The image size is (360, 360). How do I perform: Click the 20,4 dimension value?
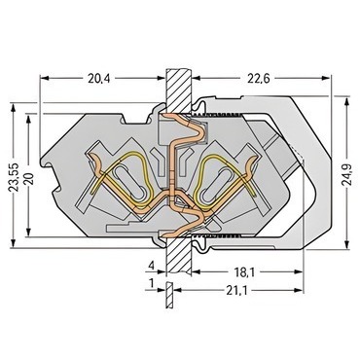point(98,79)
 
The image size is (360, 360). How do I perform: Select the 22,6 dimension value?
point(259,79)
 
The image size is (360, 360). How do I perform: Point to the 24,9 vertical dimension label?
point(346,174)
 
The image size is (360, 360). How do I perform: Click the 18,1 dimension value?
point(244,272)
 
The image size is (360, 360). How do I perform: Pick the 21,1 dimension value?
point(236,291)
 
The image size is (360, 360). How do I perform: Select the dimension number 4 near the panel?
point(151,267)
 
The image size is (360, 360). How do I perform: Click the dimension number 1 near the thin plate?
point(151,284)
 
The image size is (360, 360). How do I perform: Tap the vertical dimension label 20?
point(30,179)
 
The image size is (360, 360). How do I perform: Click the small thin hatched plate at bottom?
point(168,295)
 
